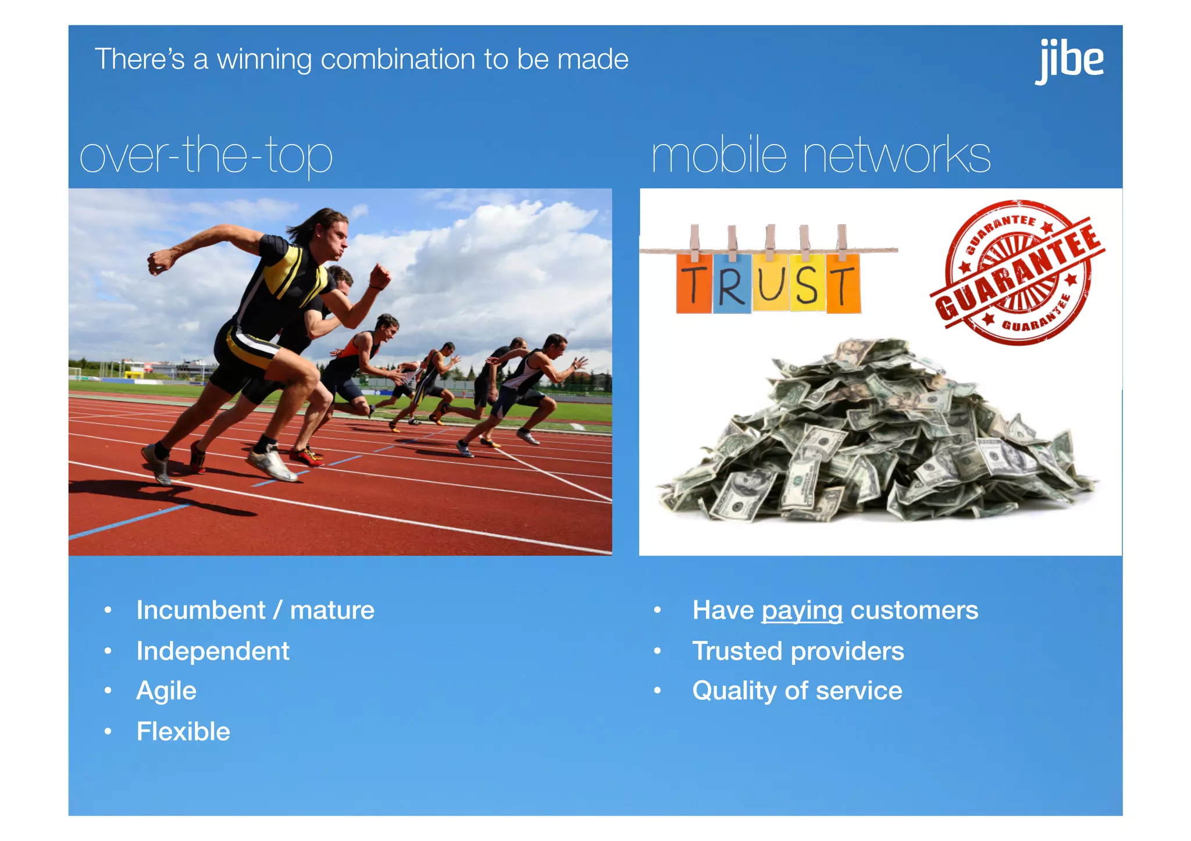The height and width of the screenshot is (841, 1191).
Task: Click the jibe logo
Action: coord(1069,60)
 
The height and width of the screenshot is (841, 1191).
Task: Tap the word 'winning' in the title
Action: coord(264,59)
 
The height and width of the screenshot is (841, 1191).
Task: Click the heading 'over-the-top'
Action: coord(206,155)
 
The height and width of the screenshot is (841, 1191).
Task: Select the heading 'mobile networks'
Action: coord(821,155)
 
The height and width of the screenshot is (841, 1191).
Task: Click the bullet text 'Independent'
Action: coord(213,651)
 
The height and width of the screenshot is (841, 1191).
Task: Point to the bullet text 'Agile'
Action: coord(166,691)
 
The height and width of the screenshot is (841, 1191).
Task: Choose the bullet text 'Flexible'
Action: coord(183,732)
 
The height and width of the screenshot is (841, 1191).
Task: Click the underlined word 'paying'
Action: coord(802,611)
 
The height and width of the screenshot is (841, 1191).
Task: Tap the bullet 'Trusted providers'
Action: coord(798,651)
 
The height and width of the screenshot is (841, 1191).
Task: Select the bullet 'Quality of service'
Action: coord(797,691)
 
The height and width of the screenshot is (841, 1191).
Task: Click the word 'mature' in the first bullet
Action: coord(332,611)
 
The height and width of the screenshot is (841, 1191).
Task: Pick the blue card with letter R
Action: coord(732,284)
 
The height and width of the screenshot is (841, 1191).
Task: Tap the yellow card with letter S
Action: coord(807,283)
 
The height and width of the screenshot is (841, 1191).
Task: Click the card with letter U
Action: coord(771,282)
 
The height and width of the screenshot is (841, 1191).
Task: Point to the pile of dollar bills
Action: coord(875,436)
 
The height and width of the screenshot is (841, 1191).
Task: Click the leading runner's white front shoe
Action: coord(272,465)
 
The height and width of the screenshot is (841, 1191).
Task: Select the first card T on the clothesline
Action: coord(694,284)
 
